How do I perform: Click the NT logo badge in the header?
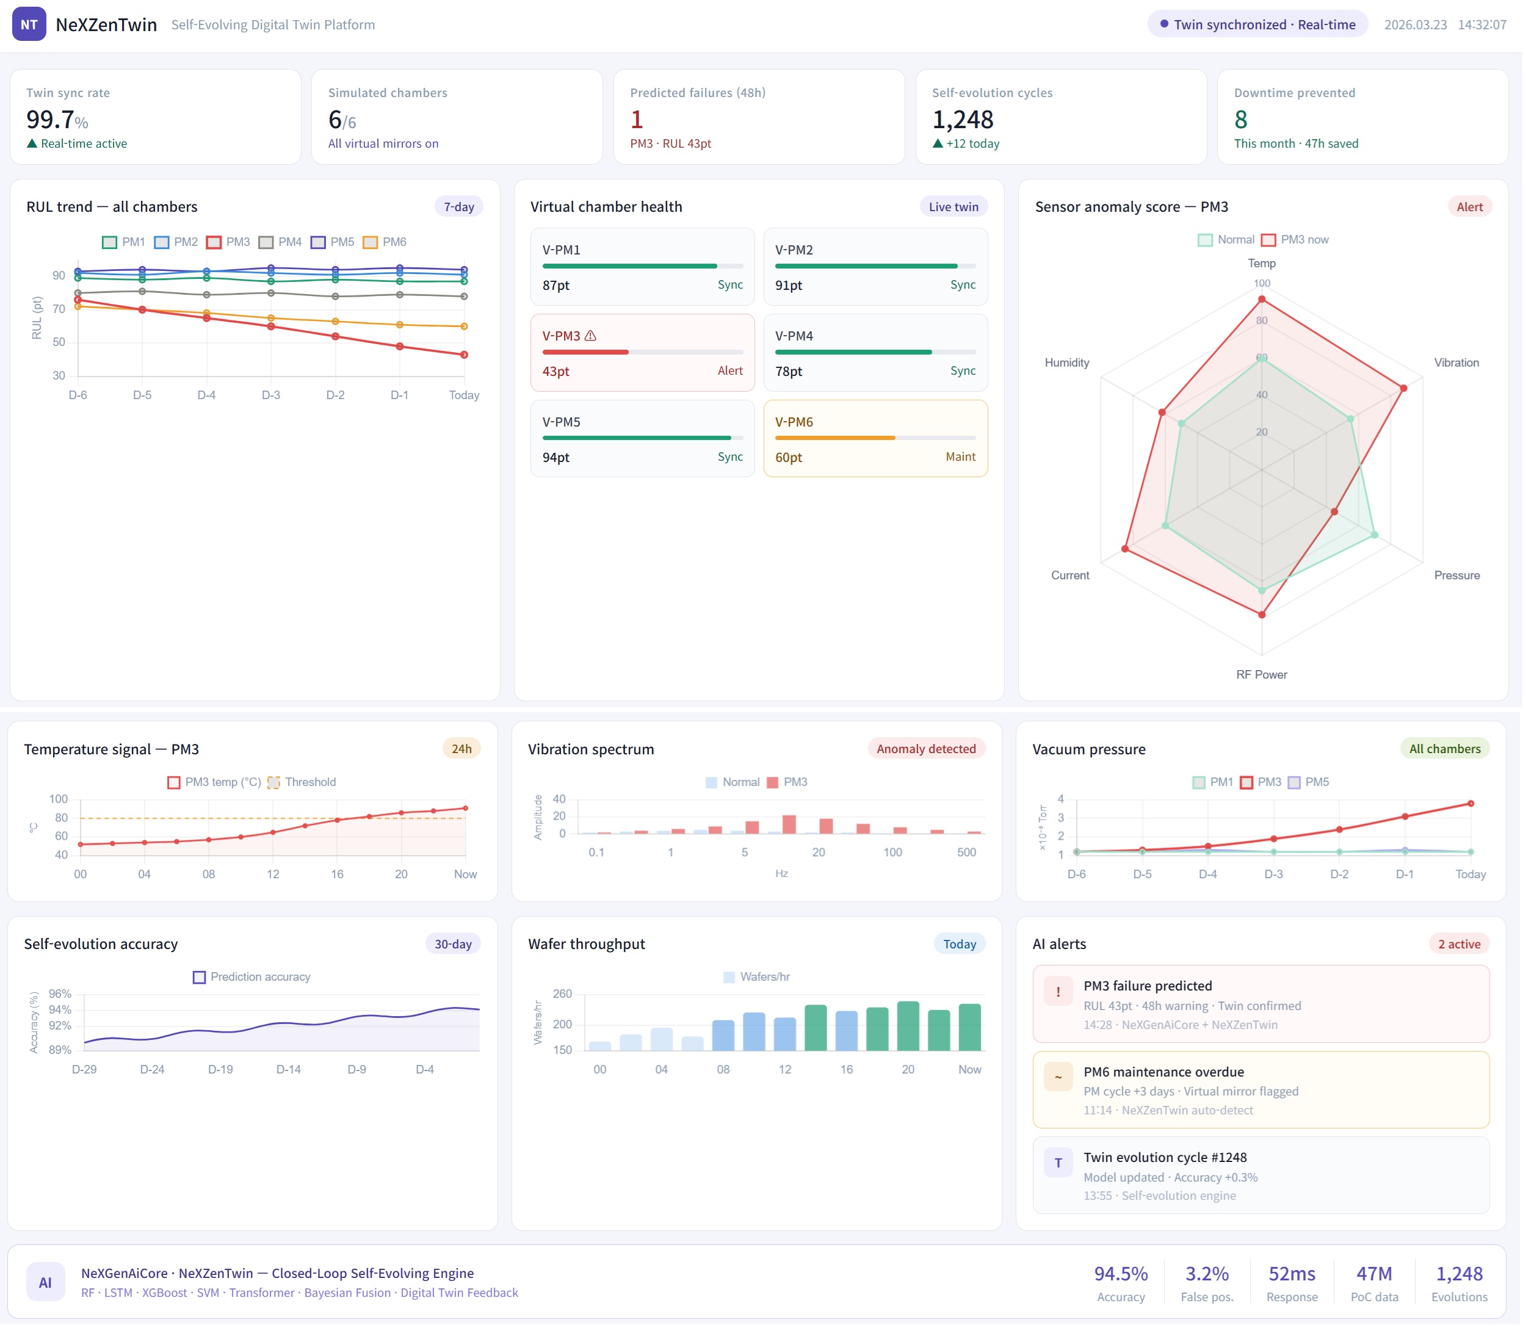pyautogui.click(x=29, y=24)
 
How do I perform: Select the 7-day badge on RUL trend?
pyautogui.click(x=460, y=208)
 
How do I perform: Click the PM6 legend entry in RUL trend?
pyautogui.click(x=385, y=242)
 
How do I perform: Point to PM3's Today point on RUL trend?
pyautogui.click(x=465, y=356)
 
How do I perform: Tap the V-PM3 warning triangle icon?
pyautogui.click(x=591, y=336)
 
